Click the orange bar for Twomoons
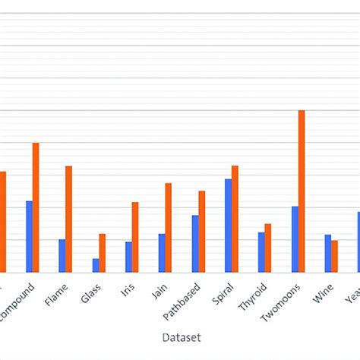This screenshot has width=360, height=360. [x=302, y=191]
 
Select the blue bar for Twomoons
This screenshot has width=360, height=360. [x=295, y=238]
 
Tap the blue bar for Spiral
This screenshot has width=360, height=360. [x=228, y=225]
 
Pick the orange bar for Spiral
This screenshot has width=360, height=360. [x=235, y=218]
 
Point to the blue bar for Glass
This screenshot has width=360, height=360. [x=96, y=265]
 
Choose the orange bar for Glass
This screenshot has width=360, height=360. [x=103, y=252]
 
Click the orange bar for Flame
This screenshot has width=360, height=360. [x=68, y=219]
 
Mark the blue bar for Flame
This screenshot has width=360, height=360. [x=62, y=255]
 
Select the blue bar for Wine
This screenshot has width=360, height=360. [x=328, y=253]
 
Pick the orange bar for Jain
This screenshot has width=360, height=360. [x=168, y=227]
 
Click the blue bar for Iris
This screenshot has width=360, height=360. [x=128, y=257]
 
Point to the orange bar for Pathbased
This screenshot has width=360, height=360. [x=201, y=231]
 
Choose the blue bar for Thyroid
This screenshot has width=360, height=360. [x=261, y=251]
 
